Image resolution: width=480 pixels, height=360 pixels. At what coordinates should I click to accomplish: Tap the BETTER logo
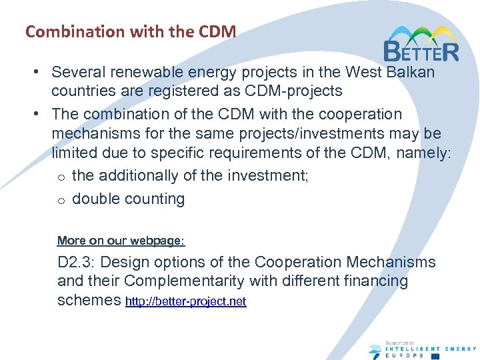coord(421,44)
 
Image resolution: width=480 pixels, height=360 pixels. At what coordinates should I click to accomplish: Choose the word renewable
coord(153,71)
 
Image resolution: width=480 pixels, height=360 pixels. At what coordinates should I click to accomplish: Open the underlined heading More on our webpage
coord(121,241)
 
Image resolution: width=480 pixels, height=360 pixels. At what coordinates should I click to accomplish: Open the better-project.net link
coord(186,301)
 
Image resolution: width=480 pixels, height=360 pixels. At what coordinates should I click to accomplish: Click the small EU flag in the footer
coord(435,355)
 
